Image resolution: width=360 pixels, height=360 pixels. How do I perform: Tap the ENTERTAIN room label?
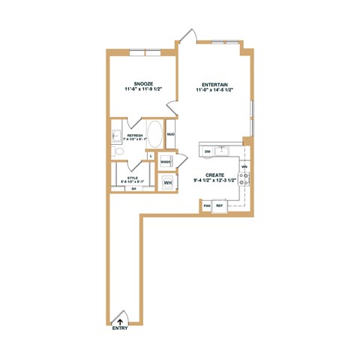(214, 84)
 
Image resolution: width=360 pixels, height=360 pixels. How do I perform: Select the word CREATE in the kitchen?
(216, 175)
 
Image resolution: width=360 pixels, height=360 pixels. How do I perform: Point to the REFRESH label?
(134, 135)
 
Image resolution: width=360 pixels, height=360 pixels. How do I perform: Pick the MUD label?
(170, 134)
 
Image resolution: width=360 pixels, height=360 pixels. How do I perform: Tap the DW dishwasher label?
(207, 151)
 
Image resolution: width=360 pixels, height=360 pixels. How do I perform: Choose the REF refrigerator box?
(220, 205)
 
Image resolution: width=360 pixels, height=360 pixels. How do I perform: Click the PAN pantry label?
(207, 205)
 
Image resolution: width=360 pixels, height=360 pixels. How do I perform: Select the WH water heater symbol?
(168, 181)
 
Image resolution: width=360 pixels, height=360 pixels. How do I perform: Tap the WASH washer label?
(165, 161)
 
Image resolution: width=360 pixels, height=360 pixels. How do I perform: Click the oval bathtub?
(154, 135)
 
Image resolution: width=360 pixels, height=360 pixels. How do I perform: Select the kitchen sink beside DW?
(221, 151)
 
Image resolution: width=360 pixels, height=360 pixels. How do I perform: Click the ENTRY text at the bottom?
(120, 328)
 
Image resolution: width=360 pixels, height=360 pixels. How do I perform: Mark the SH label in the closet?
(134, 189)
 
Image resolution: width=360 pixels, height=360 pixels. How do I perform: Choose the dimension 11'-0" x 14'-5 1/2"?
(214, 90)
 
